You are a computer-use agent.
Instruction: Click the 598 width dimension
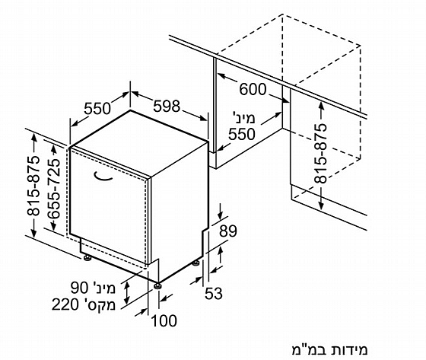coord(167,106)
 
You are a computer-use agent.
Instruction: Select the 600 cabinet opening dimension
coord(253,89)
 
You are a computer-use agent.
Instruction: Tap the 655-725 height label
coord(54,190)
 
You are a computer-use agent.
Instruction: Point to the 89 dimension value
coord(228,231)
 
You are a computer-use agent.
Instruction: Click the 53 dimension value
coord(214,293)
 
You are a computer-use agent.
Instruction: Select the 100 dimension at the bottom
coord(164,320)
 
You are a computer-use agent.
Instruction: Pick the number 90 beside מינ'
coord(80,288)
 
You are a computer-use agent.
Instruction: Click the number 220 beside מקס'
coord(65,304)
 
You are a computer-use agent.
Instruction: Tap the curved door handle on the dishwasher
coord(103,177)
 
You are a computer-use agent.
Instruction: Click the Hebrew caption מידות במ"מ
coord(329,350)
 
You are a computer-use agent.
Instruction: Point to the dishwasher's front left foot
coord(87,257)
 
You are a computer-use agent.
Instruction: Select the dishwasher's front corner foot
coord(157,286)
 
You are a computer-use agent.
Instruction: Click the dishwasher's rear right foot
coord(196,263)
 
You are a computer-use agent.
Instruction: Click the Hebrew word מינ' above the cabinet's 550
coord(244,118)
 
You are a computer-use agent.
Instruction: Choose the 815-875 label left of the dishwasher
coord(33,186)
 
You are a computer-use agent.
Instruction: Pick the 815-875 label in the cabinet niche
coord(320,153)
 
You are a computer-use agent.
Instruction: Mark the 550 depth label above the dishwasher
coord(97,109)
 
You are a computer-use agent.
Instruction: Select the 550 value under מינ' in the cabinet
coord(242,134)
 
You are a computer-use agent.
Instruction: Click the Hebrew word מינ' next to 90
coord(104,288)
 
